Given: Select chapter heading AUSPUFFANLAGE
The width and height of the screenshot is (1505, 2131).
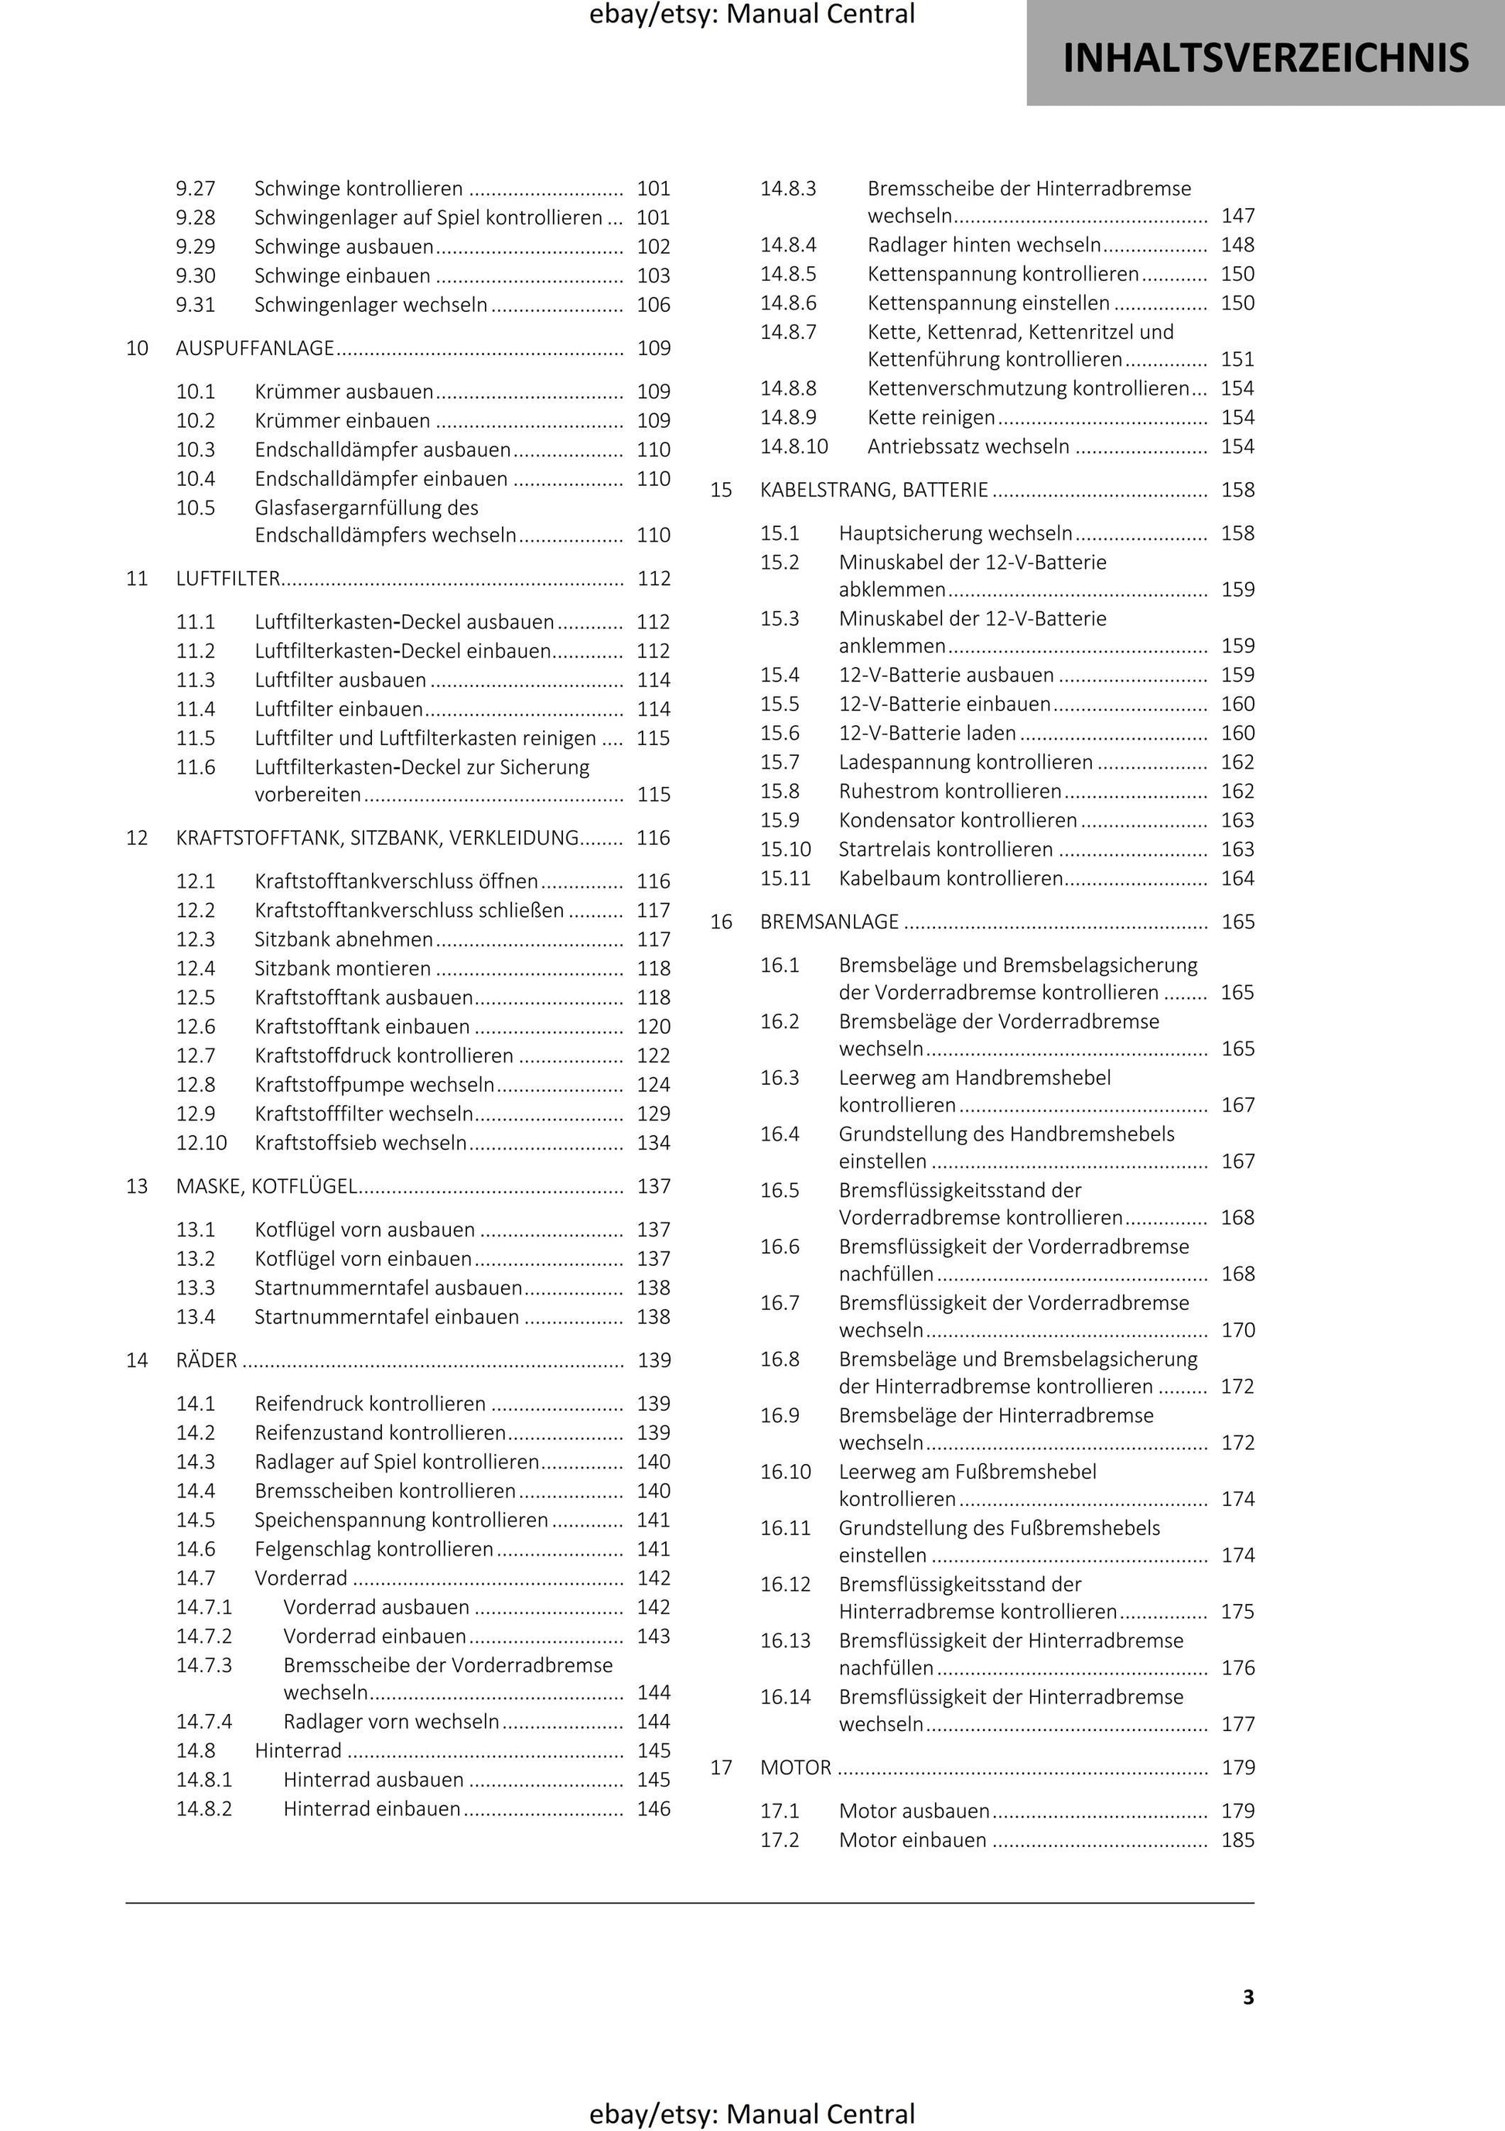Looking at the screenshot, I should (255, 348).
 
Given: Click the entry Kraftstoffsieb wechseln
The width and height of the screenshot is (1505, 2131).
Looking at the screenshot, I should (360, 1143).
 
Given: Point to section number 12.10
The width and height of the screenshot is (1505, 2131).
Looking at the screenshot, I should (201, 1143).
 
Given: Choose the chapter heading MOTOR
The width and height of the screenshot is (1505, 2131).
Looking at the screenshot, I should (795, 1767).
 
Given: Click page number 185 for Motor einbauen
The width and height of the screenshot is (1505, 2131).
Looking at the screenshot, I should (1237, 1839).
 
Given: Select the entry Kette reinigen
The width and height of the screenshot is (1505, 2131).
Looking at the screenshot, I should (930, 418).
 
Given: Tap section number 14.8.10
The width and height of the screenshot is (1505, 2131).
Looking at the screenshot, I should (793, 446).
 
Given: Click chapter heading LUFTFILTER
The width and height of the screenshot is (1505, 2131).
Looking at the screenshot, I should (228, 578).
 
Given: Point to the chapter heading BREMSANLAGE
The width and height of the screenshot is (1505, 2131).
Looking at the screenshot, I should (828, 922).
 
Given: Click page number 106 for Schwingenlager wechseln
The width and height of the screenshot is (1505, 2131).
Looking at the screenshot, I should (654, 304).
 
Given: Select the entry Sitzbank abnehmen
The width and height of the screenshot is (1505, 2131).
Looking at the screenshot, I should (343, 939).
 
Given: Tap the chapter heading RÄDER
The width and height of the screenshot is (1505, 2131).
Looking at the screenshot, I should (206, 1360).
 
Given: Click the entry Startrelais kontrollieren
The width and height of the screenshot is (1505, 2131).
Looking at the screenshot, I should (946, 850).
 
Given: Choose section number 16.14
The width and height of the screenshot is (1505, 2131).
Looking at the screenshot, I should (785, 1697).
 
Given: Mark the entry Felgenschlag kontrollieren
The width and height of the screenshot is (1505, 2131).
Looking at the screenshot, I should (374, 1549).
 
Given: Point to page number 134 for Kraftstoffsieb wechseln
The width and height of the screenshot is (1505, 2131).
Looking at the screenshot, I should (654, 1143).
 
